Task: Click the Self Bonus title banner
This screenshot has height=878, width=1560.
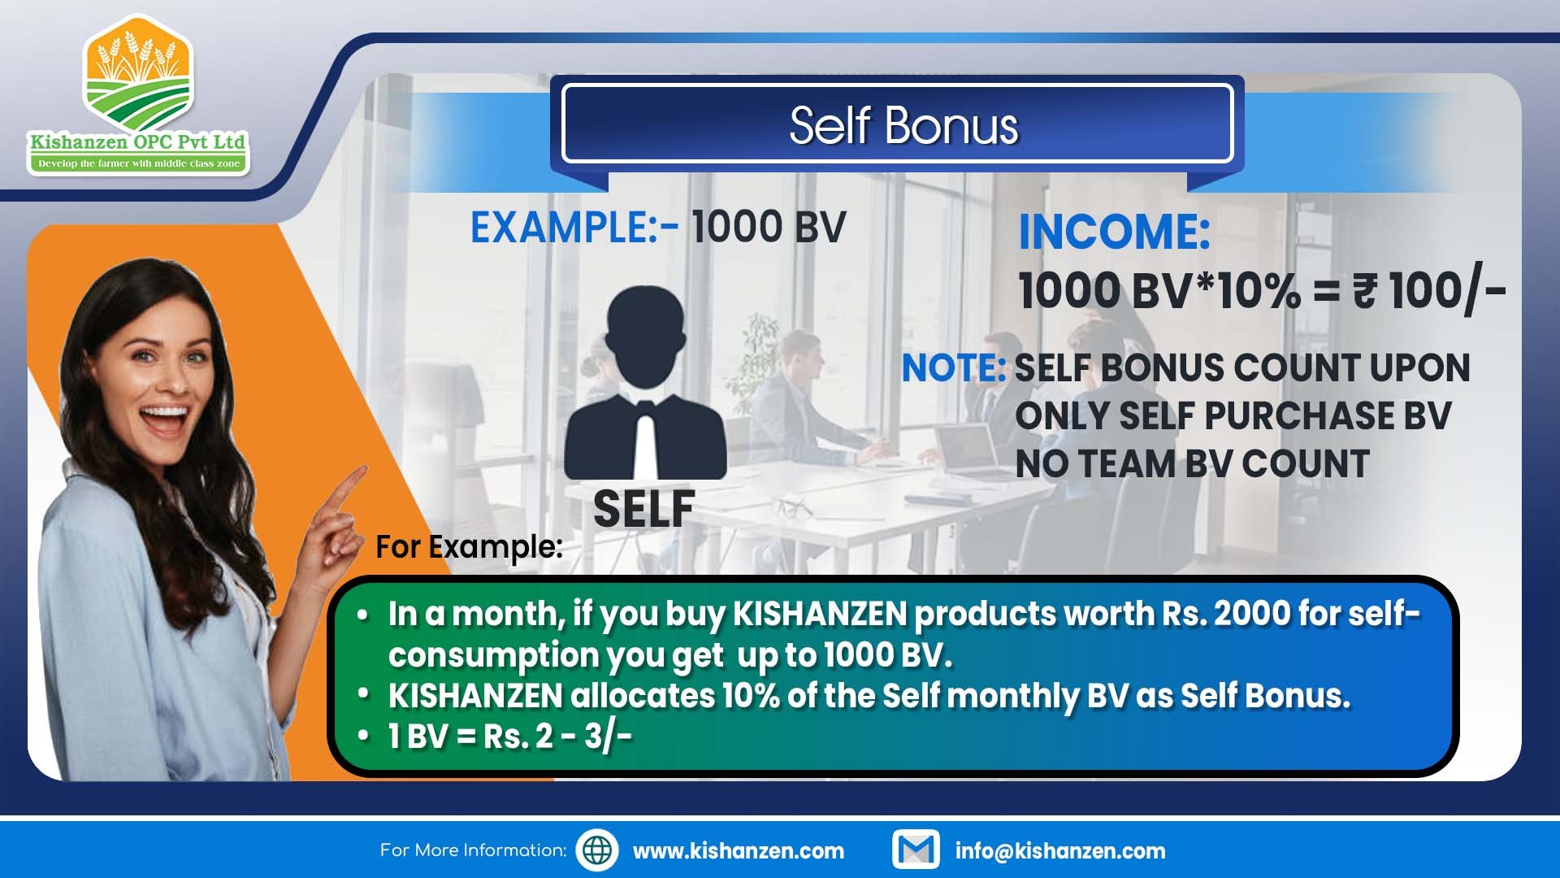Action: pos(897,124)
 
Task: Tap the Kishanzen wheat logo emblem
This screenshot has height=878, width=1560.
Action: pos(138,77)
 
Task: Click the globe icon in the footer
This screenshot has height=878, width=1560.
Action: pos(597,850)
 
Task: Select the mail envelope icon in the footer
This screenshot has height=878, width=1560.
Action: pos(916,850)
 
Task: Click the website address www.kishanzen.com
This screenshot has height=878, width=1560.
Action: pos(738,851)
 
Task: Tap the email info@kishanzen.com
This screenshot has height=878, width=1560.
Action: pos(1060,851)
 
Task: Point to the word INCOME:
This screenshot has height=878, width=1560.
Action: pos(1114,232)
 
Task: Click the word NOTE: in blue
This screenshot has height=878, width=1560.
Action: pos(954,368)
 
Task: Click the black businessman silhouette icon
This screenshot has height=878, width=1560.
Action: pos(645,382)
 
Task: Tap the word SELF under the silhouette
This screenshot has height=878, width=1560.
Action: pos(643,509)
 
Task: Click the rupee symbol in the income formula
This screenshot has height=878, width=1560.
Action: pos(1364,291)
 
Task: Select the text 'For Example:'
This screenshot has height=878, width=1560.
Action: pos(469,547)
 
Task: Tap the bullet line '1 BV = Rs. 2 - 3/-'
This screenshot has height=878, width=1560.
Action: pos(509,737)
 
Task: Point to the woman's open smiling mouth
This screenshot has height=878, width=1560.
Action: pos(164,419)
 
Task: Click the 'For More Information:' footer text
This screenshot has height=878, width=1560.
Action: pos(473,850)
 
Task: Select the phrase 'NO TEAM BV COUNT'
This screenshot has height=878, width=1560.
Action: pos(1192,464)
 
